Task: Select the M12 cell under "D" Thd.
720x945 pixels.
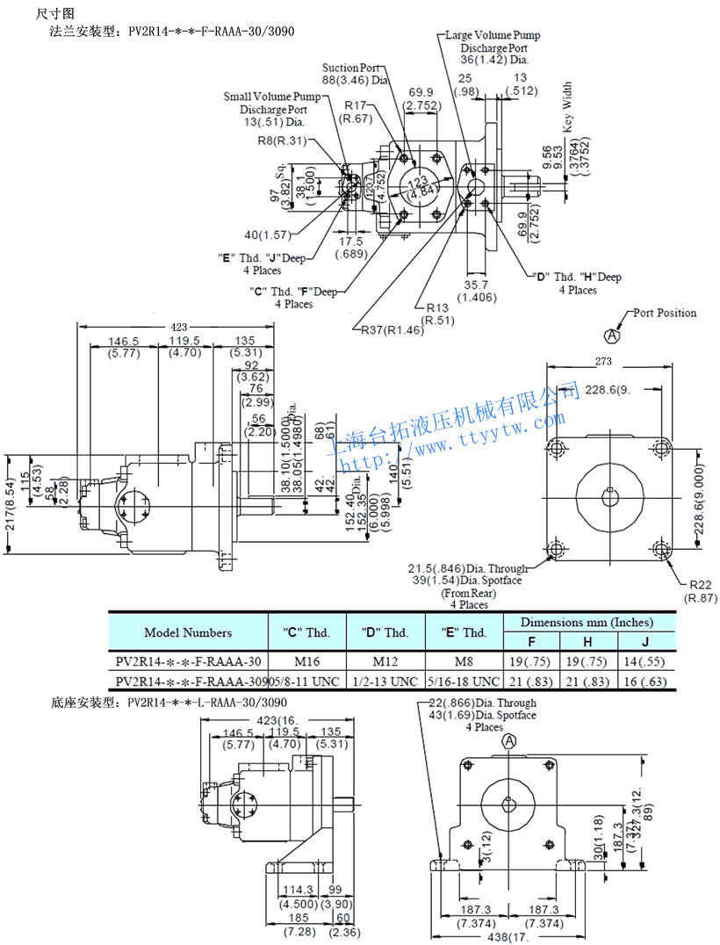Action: (x=384, y=661)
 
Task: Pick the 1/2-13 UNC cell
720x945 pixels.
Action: (x=385, y=681)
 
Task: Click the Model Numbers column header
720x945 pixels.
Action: (x=188, y=632)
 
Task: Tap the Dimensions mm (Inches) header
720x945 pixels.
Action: (x=587, y=622)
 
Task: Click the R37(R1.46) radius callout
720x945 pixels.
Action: (x=392, y=330)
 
